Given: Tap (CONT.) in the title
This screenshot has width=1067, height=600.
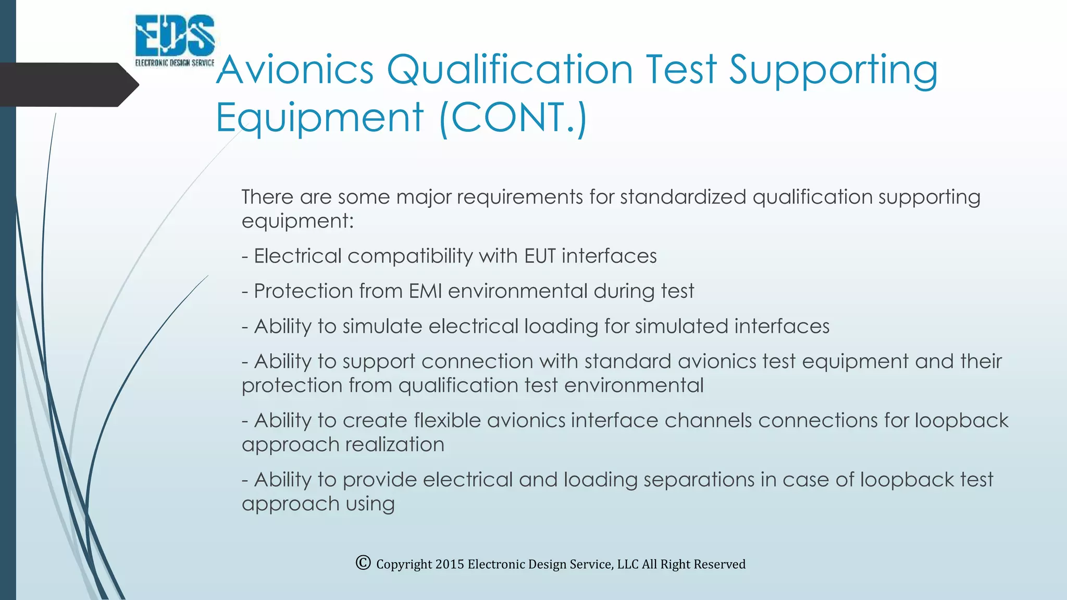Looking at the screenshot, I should [514, 117].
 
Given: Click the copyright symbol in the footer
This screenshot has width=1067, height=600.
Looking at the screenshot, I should [363, 562].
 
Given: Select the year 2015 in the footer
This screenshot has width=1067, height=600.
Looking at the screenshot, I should [449, 564].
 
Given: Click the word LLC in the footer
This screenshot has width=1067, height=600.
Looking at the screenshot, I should [627, 564].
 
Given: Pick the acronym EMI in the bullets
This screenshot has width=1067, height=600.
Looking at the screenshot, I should [425, 291].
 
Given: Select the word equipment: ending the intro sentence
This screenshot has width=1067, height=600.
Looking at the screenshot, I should [297, 221].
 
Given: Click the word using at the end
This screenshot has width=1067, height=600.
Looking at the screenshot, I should [370, 504].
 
